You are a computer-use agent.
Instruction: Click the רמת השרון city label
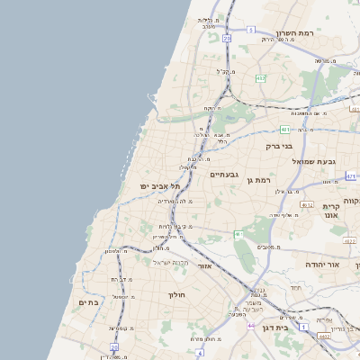(x=294, y=32)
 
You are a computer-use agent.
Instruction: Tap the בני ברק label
(x=279, y=145)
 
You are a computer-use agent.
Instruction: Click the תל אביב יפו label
(x=160, y=185)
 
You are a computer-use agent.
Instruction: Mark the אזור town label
(x=204, y=267)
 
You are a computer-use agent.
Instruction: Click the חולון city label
(x=175, y=294)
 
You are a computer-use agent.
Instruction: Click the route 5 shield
(x=250, y=30)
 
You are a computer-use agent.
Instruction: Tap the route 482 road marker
(x=260, y=78)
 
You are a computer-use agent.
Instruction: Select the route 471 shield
(x=351, y=176)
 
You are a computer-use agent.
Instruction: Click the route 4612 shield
(x=307, y=205)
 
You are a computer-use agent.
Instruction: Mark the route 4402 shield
(x=324, y=336)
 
